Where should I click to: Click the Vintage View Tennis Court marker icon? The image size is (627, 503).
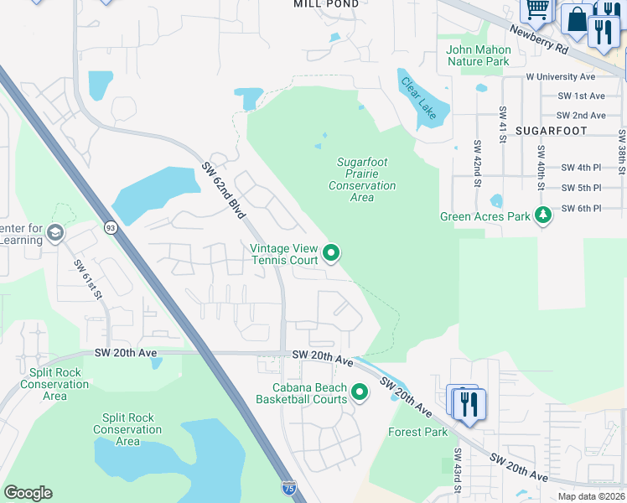(331, 252)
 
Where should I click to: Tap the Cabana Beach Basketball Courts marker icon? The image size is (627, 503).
(360, 392)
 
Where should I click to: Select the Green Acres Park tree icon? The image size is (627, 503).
(544, 215)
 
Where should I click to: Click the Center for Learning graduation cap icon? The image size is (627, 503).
(55, 232)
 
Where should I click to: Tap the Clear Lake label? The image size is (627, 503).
(420, 98)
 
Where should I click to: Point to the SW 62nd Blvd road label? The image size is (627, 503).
(223, 191)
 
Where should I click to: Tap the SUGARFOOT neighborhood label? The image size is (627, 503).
(551, 132)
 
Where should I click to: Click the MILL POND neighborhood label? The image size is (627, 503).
(326, 4)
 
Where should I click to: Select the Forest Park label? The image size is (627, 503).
(417, 433)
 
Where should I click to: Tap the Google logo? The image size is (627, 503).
(28, 492)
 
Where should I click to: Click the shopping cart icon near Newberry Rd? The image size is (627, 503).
(537, 8)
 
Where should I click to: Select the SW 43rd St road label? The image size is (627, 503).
(458, 469)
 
